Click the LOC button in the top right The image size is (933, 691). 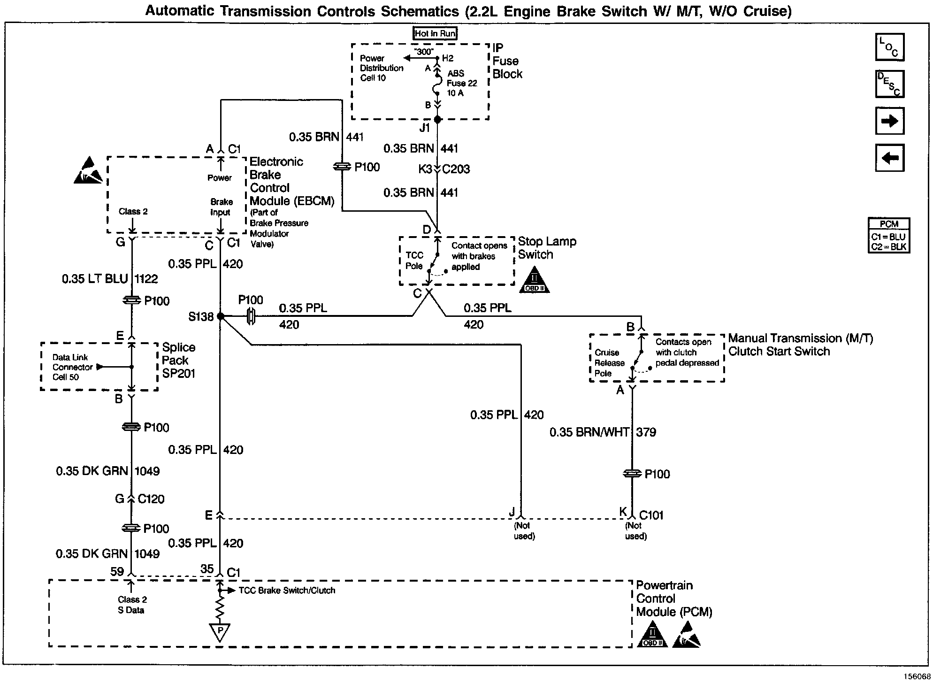click(x=889, y=47)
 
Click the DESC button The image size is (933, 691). click(x=889, y=84)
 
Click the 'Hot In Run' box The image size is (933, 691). click(x=435, y=33)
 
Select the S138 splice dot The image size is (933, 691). click(x=221, y=316)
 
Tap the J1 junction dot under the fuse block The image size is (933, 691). click(x=437, y=119)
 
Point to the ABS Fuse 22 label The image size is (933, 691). click(x=461, y=83)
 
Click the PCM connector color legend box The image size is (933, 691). click(x=889, y=236)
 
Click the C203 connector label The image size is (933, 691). click(x=456, y=169)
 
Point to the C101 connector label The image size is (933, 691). click(x=651, y=515)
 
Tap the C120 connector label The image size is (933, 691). click(x=151, y=499)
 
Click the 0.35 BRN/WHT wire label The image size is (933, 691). click(x=589, y=432)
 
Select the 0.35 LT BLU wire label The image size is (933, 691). click(x=95, y=279)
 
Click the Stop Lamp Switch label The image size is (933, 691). click(x=547, y=248)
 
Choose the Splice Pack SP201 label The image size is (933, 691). click(x=178, y=361)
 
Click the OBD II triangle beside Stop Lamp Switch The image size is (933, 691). click(x=534, y=281)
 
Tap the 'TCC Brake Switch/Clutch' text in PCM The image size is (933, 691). click(x=287, y=591)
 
